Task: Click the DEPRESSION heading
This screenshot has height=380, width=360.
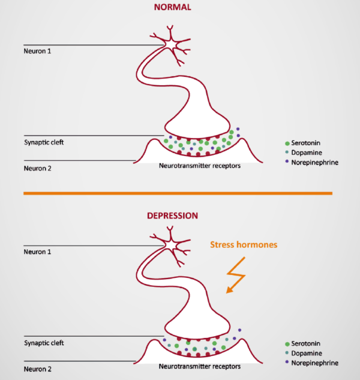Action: pos(172,215)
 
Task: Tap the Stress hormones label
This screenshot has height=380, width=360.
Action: pos(244,245)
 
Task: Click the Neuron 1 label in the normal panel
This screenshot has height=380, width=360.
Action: pos(37,52)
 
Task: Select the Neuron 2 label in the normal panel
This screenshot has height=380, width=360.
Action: pos(37,167)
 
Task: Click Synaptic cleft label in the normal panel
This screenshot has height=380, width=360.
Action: pos(43,143)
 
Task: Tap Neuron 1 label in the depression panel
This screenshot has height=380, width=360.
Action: pos(37,252)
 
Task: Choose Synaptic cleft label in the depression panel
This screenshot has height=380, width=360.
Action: pos(43,343)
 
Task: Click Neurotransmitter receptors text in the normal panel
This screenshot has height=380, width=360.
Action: pos(200,166)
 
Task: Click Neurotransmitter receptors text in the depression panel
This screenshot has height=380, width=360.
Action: pos(200,366)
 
